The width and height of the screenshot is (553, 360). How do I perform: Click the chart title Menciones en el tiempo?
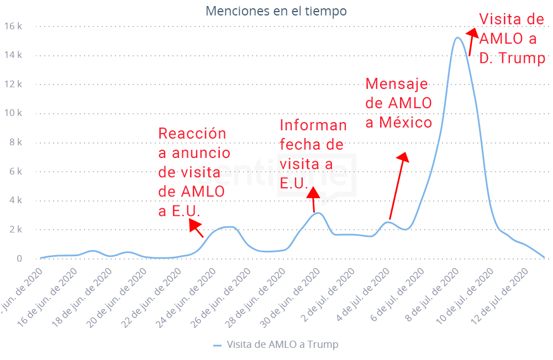[x=276, y=11]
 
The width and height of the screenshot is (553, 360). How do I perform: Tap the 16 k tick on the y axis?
[x=13, y=26]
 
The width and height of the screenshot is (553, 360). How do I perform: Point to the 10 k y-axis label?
[x=13, y=113]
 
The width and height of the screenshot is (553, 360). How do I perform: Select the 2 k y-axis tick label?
[x=15, y=229]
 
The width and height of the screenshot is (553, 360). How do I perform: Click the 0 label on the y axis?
[x=19, y=258]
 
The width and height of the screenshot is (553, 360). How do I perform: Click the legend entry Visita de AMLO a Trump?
[x=276, y=345]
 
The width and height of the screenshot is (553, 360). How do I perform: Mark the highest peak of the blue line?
[x=457, y=38]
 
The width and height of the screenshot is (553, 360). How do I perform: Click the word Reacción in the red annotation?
[x=192, y=134]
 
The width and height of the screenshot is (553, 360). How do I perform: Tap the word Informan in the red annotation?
[x=313, y=125]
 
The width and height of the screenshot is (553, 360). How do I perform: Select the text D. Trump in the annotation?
[x=512, y=58]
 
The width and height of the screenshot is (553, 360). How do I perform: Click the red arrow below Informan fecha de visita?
[x=313, y=199]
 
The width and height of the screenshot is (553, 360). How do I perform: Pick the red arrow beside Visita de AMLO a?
[x=470, y=43]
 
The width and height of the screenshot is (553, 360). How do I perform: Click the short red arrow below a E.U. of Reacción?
[x=196, y=228]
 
